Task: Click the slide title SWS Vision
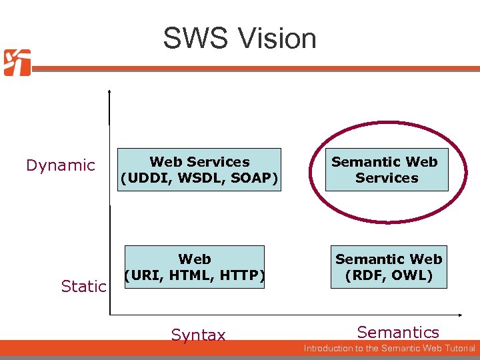(239, 39)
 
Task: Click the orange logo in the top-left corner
(17, 63)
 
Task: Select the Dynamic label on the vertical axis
(61, 165)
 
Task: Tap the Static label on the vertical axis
(83, 287)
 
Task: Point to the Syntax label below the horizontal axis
(198, 335)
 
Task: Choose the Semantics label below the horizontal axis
(398, 332)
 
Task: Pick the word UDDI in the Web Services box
(145, 178)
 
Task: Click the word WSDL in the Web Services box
(197, 178)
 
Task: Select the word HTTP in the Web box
(239, 275)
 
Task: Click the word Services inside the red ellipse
(387, 178)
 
